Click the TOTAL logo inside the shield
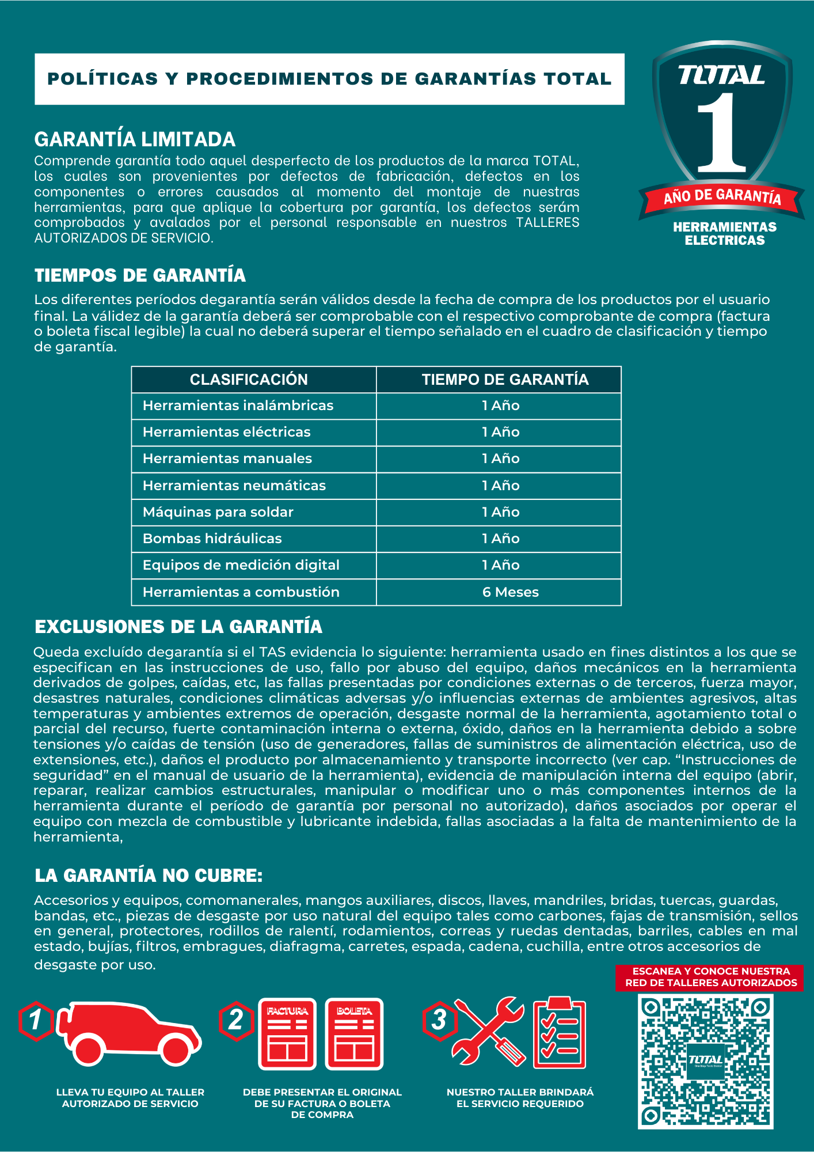click(x=721, y=75)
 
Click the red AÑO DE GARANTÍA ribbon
click(x=722, y=197)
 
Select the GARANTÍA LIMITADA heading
click(x=135, y=139)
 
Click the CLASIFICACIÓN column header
click(x=249, y=380)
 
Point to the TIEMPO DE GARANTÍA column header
click(x=505, y=380)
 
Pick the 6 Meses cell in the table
click(x=510, y=592)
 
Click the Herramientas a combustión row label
click(x=241, y=592)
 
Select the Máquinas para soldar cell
click(x=218, y=512)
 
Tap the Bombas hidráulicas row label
click(x=212, y=539)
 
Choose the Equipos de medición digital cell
click(x=241, y=565)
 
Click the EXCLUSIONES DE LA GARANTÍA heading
click(x=178, y=627)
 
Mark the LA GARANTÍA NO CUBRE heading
click(x=149, y=876)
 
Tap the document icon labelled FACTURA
click(x=287, y=1034)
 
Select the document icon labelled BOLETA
click(x=354, y=1034)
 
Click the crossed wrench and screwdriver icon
click(x=489, y=1031)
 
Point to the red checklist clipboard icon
click(x=559, y=1032)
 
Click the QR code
click(x=705, y=1061)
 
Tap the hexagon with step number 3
click(x=439, y=1020)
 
